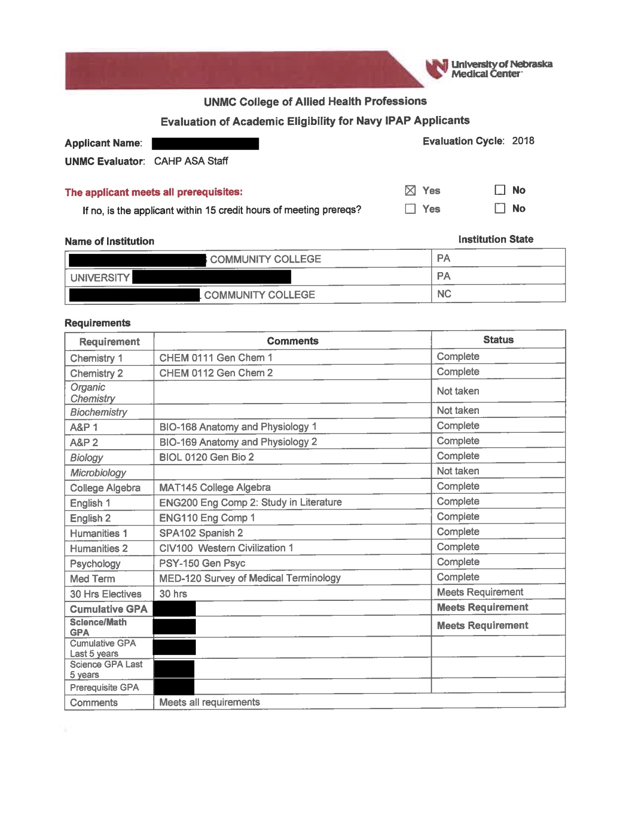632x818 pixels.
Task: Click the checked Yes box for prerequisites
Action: [410, 190]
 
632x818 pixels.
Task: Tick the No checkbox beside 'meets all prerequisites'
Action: [500, 190]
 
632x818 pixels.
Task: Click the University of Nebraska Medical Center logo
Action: [488, 69]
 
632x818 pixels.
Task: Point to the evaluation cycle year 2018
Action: [523, 141]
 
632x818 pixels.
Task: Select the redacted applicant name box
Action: [205, 144]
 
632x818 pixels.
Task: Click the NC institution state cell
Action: [444, 294]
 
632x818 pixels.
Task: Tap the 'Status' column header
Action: [498, 340]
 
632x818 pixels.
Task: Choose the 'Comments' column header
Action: [292, 341]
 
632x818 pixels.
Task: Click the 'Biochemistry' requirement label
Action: [99, 412]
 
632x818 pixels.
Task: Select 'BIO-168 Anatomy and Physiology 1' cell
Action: [238, 427]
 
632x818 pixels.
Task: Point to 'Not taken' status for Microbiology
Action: [458, 471]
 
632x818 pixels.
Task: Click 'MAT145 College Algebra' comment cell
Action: [215, 487]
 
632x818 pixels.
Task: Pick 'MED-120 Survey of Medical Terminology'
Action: [250, 578]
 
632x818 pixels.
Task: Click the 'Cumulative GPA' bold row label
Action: [109, 609]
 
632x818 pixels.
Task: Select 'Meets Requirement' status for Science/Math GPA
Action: [482, 626]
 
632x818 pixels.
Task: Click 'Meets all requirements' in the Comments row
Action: [209, 702]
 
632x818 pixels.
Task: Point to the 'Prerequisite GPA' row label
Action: [104, 688]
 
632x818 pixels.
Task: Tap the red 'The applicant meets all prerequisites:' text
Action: [154, 192]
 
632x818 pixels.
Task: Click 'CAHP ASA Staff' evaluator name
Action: [191, 161]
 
